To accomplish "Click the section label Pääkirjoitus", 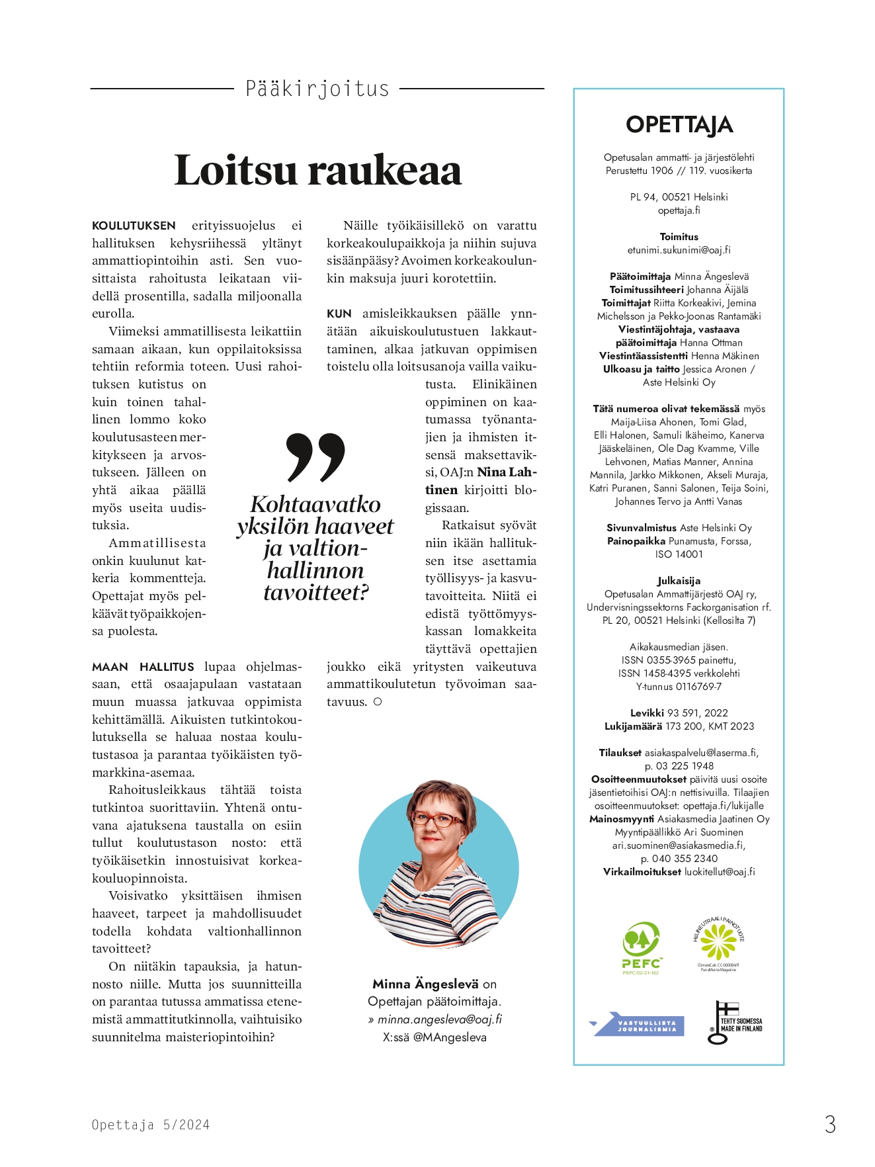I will click(x=317, y=89).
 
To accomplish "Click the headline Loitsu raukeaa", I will click(x=317, y=170).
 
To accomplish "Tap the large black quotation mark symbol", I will click(x=315, y=457).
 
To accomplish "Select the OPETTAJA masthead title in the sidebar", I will click(x=679, y=124).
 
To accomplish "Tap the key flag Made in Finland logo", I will click(x=734, y=1023).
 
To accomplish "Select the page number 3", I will click(x=830, y=1124).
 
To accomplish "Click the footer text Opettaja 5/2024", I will click(x=151, y=1125).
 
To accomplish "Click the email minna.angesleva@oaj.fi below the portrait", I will click(x=439, y=1019).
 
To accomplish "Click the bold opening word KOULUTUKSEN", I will click(x=134, y=226).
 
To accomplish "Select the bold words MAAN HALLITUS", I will click(x=143, y=667).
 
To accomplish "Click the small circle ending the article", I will click(x=378, y=702).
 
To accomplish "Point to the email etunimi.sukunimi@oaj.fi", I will click(x=679, y=250).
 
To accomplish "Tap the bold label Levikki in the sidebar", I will click(x=647, y=713).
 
